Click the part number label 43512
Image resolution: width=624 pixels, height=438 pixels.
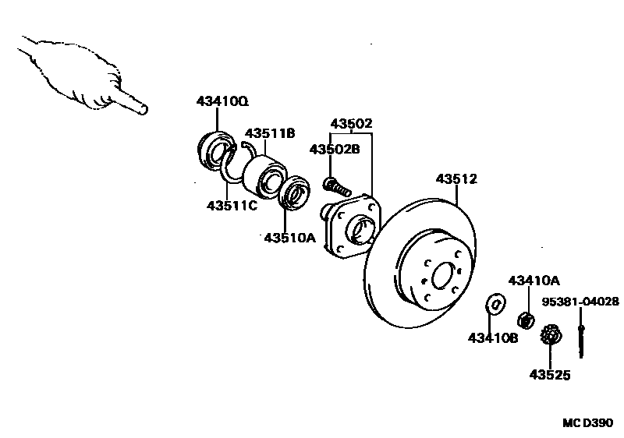pyautogui.click(x=456, y=178)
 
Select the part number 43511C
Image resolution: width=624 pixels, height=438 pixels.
pyautogui.click(x=232, y=206)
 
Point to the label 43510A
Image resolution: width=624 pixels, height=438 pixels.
pyautogui.click(x=289, y=238)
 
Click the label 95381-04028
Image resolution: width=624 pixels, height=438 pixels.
pyautogui.click(x=581, y=301)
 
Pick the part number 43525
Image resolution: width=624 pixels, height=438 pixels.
pyautogui.click(x=550, y=375)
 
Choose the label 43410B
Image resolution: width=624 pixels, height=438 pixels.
pyautogui.click(x=493, y=337)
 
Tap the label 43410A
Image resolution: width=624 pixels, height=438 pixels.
pyautogui.click(x=534, y=280)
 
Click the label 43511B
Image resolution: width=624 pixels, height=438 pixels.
pyautogui.click(x=270, y=133)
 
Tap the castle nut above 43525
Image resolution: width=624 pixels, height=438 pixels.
pyautogui.click(x=551, y=337)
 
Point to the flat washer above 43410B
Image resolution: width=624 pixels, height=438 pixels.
pyautogui.click(x=494, y=303)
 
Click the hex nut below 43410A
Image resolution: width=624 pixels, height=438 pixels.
pyautogui.click(x=526, y=319)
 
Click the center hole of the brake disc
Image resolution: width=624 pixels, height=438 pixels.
pyautogui.click(x=444, y=277)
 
